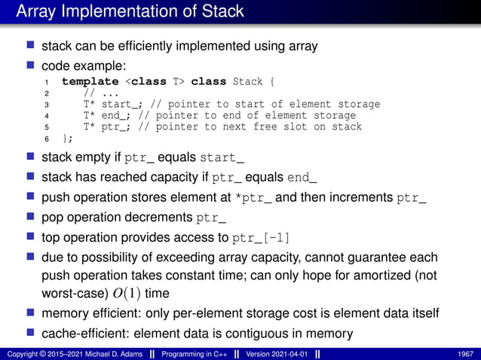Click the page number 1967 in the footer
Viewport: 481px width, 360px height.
click(465, 354)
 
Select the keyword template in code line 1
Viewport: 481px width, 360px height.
click(90, 81)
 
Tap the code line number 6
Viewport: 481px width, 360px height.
click(47, 139)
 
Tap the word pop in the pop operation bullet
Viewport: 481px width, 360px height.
click(54, 218)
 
